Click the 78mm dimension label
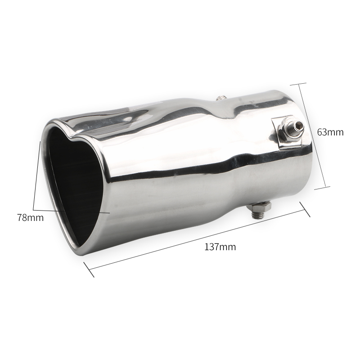click(30, 217)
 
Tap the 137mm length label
click(220, 247)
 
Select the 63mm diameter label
click(330, 132)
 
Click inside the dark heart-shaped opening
click(73, 179)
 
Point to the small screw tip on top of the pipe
click(220, 98)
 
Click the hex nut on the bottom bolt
click(260, 207)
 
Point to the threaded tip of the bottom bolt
click(257, 215)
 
